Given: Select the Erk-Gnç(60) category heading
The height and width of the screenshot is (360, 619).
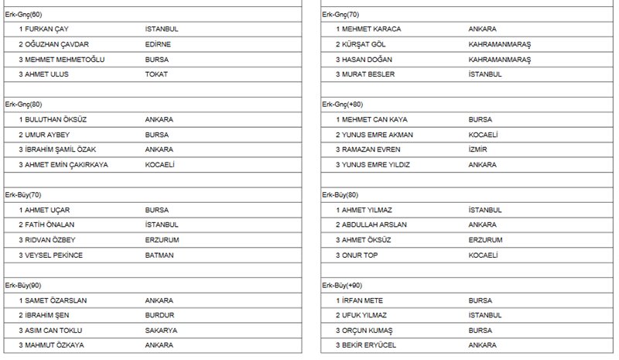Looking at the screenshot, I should tap(23, 14).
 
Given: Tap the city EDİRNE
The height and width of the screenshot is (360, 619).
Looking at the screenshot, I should tap(158, 44).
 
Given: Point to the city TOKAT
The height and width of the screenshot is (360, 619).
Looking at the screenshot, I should tap(156, 74).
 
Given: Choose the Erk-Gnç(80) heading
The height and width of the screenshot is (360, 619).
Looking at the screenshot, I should tap(23, 105).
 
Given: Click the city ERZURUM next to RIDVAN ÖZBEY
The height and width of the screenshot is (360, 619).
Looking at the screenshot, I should tap(162, 240).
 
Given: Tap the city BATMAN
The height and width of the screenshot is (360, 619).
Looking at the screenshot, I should tap(159, 255).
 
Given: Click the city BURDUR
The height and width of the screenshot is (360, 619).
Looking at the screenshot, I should tap(160, 315).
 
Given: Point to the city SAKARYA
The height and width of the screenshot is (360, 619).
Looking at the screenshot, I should tap(161, 331).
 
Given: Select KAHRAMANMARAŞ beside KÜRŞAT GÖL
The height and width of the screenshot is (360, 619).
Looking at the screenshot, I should tap(500, 44).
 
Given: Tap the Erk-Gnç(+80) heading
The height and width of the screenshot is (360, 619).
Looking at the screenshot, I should tap(343, 105).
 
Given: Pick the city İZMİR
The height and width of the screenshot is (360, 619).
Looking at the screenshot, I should tap(479, 149).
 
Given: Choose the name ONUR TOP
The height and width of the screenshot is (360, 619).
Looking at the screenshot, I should tap(362, 255).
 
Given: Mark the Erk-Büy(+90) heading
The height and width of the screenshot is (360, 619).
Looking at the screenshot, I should tap(343, 286).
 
